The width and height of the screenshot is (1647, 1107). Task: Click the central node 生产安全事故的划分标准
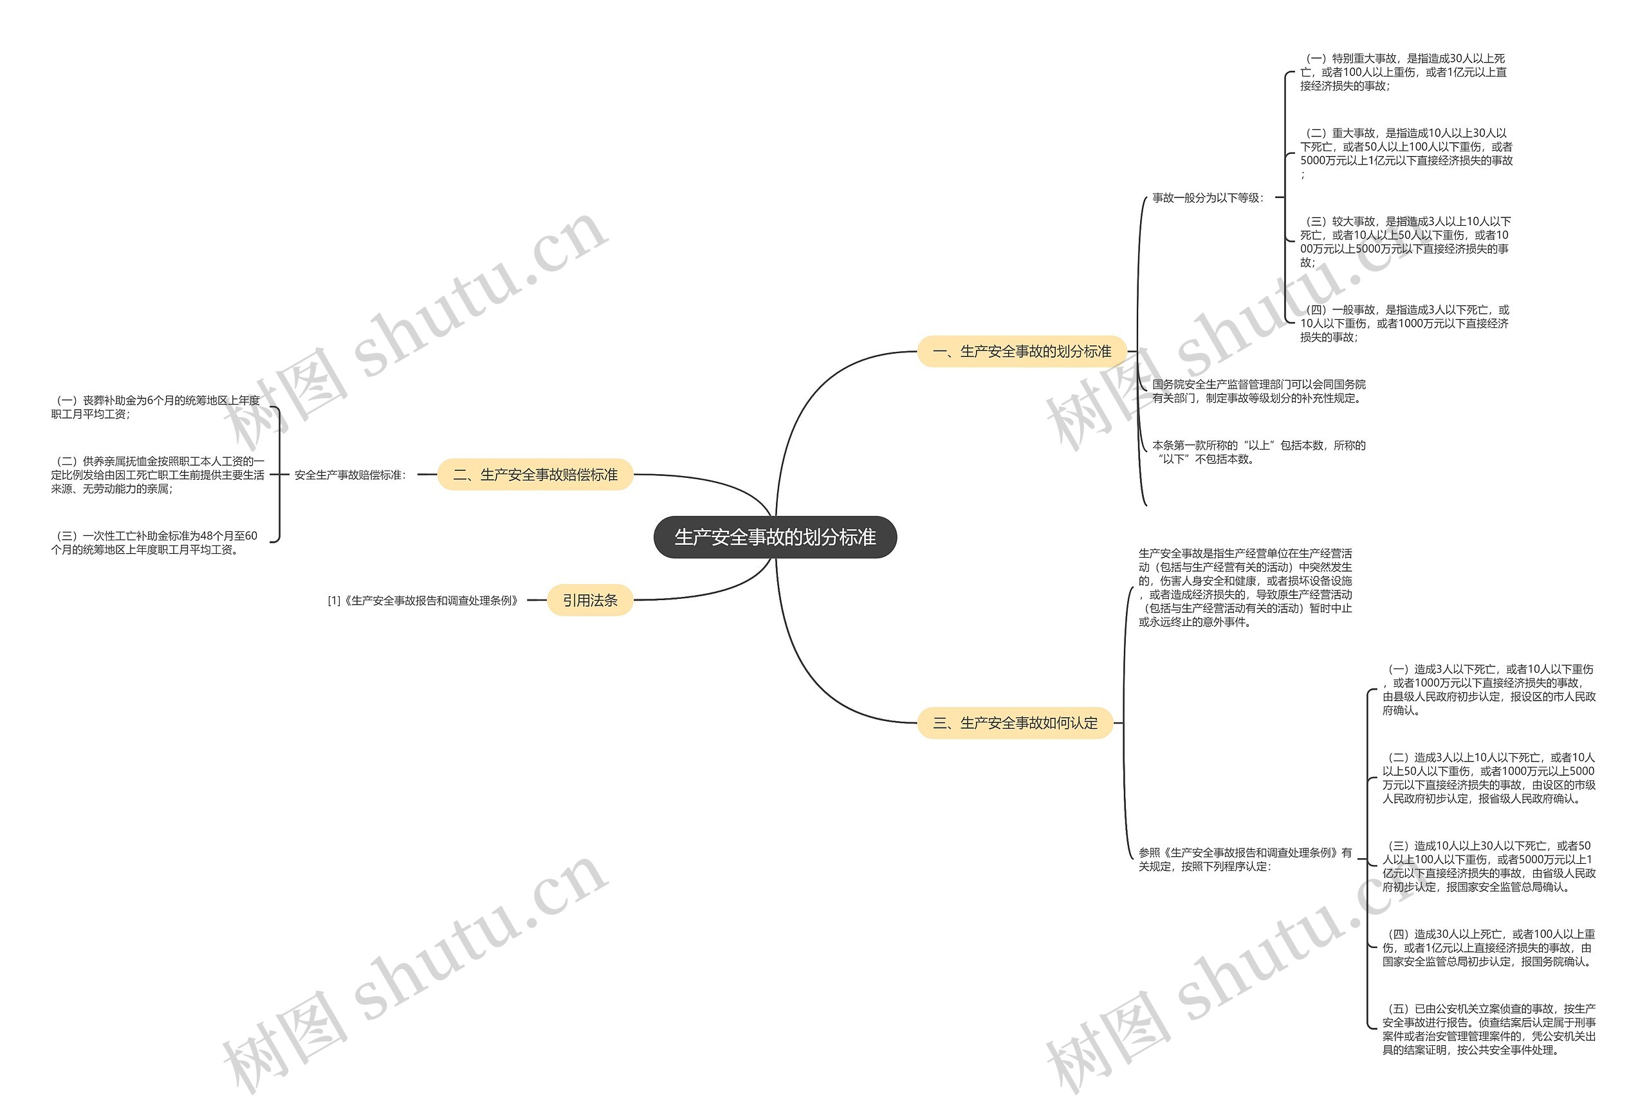pos(775,537)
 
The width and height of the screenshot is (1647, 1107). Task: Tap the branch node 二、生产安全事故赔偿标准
pos(535,475)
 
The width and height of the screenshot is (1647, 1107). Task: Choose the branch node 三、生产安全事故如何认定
pos(1015,722)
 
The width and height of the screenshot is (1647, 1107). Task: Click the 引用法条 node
pos(589,600)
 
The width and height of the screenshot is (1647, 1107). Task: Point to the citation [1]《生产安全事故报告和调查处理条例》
pos(423,601)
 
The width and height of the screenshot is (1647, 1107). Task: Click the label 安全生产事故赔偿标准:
pos(350,475)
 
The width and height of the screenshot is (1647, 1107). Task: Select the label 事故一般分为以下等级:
pos(1207,197)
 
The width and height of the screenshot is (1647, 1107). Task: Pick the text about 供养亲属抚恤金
pos(158,475)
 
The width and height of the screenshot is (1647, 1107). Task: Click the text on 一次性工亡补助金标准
pos(154,542)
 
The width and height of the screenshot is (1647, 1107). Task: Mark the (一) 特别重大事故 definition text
pos(1403,72)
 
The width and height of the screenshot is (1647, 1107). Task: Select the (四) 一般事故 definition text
pos(1404,324)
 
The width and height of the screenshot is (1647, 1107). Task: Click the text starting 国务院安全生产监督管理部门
pos(1258,391)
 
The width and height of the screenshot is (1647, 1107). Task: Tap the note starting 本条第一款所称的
pos(1258,452)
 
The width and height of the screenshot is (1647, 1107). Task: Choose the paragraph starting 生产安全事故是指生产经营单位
pos(1245,587)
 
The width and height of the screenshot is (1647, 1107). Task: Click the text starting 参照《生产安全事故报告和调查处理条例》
pos(1245,859)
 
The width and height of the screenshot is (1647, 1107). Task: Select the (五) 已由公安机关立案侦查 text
pos(1488,1029)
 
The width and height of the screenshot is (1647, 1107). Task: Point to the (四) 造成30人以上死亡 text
pos(1488,947)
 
